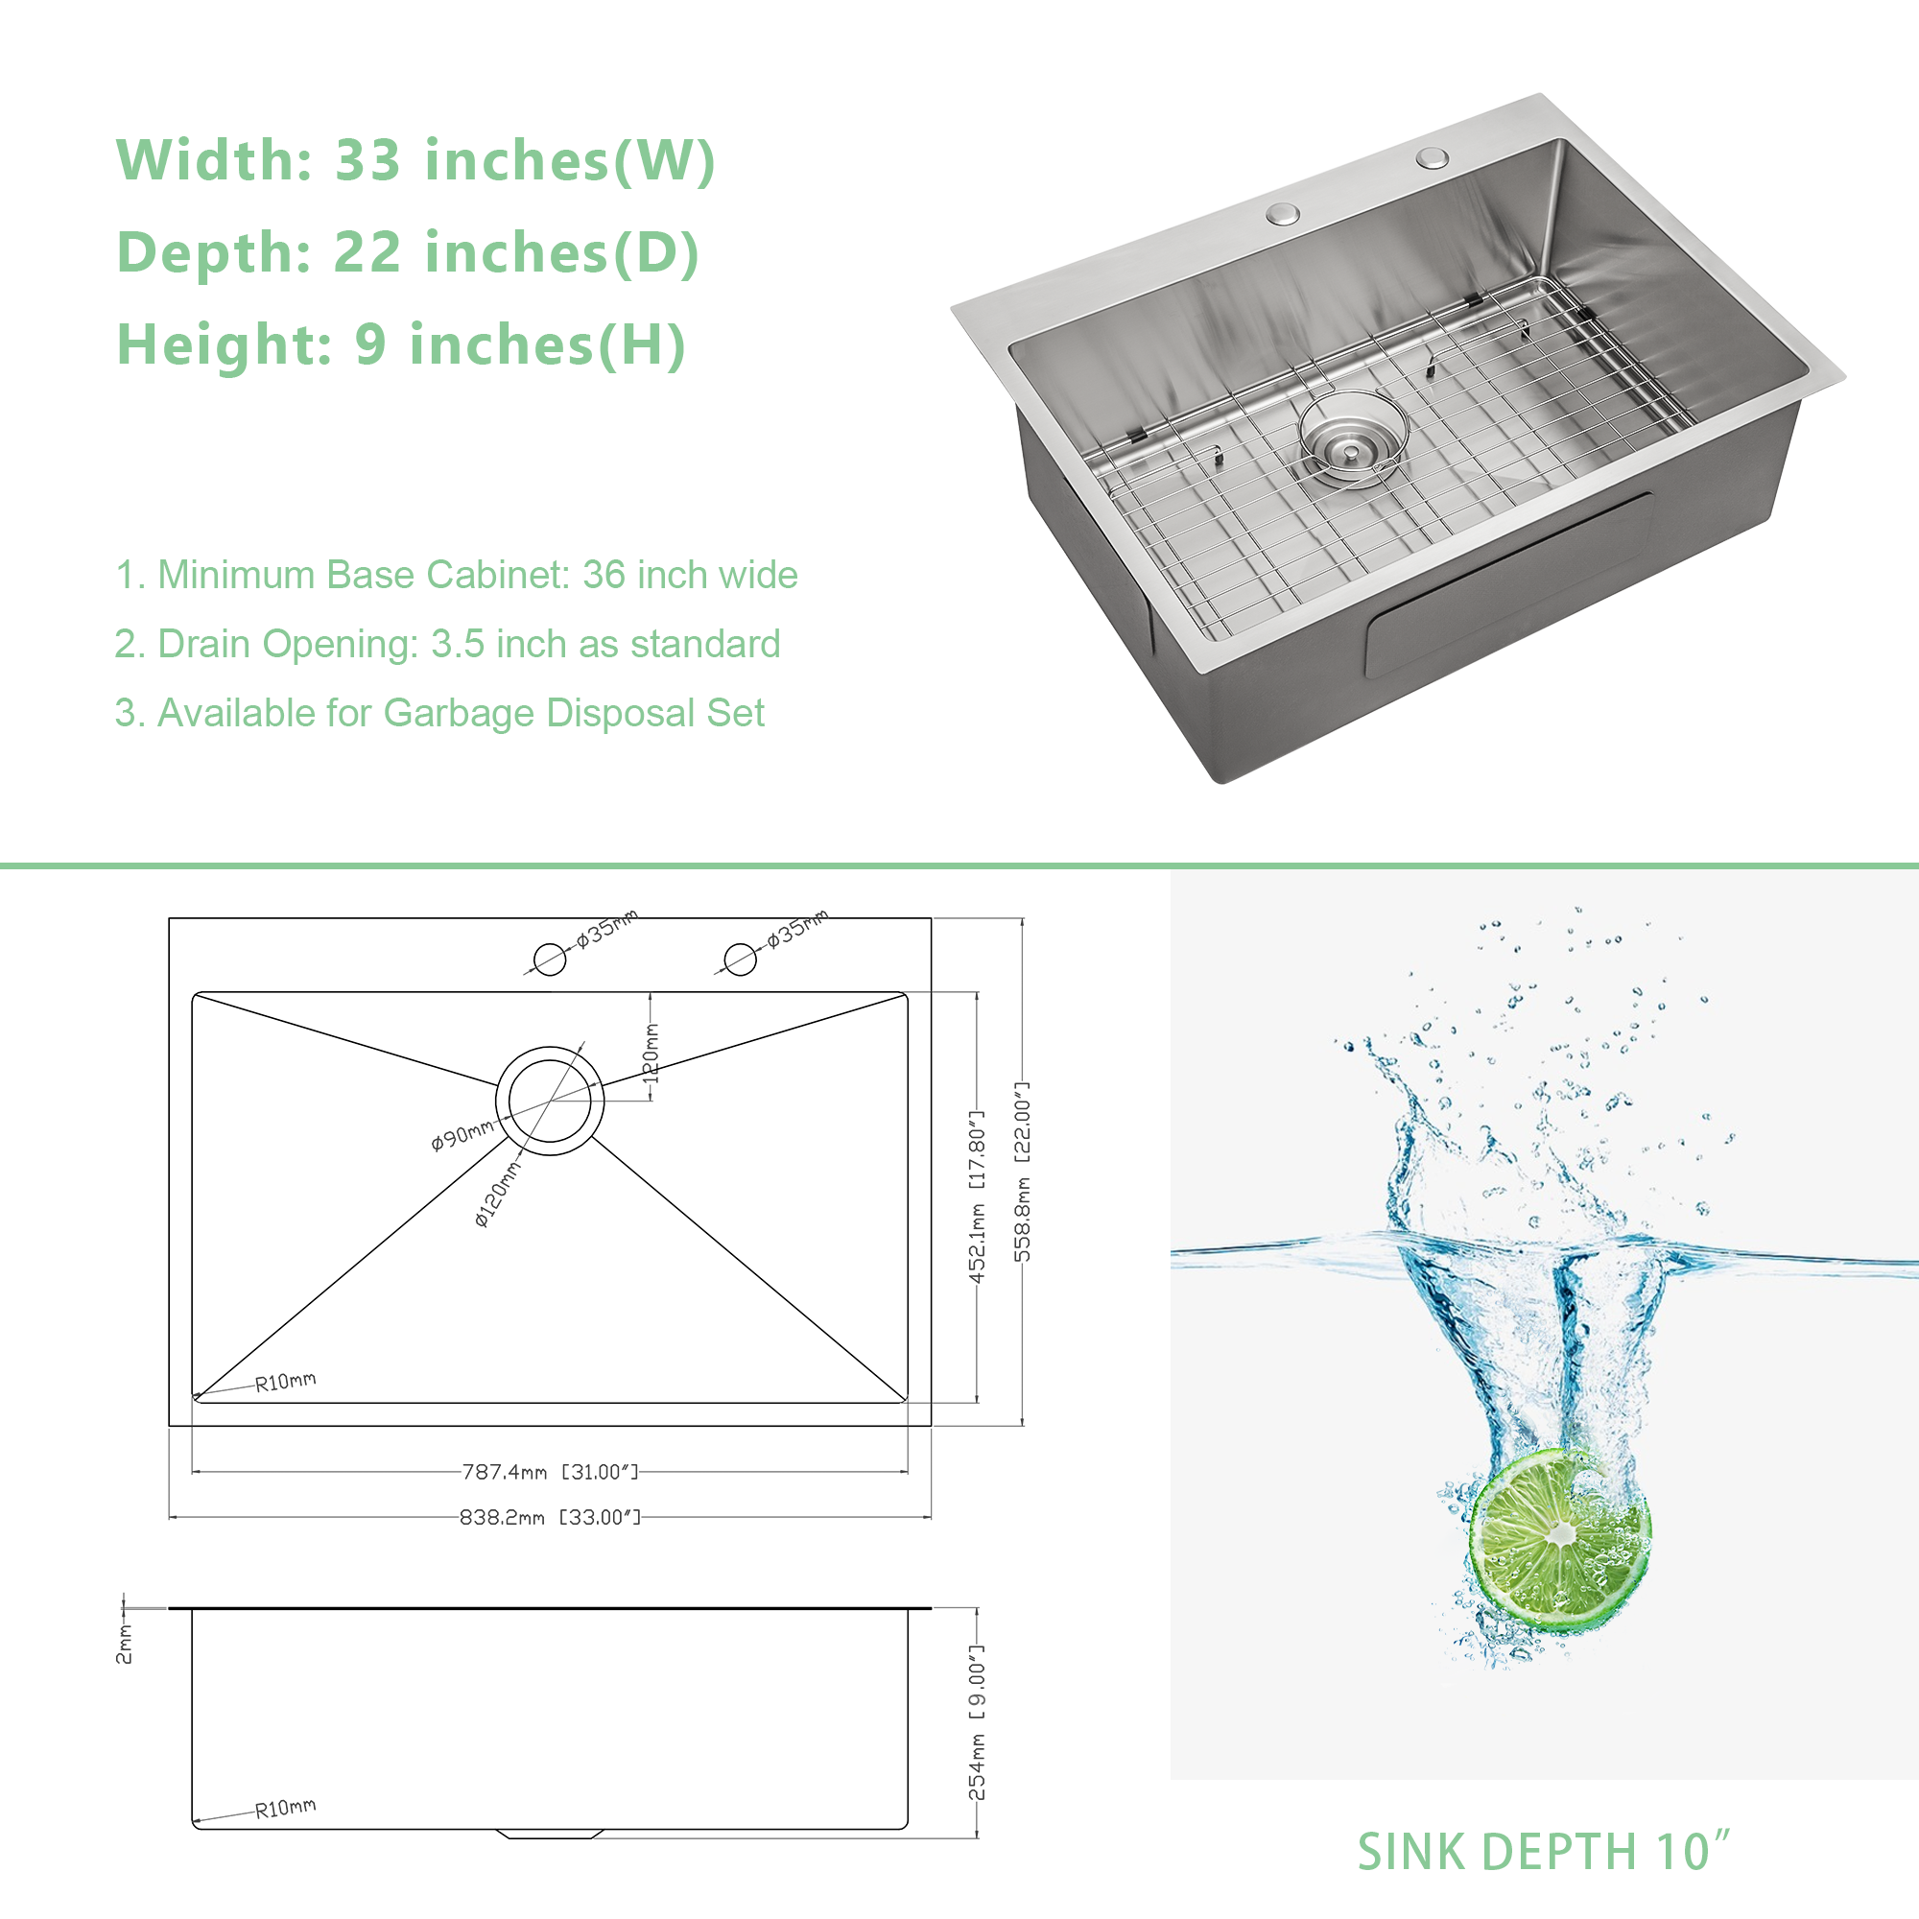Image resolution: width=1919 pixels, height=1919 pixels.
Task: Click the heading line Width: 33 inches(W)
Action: [x=415, y=160]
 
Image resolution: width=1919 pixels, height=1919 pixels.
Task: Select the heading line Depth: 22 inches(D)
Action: [x=408, y=252]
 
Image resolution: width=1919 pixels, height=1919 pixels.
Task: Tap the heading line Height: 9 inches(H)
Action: [x=401, y=344]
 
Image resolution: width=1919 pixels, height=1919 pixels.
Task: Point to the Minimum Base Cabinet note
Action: [x=456, y=575]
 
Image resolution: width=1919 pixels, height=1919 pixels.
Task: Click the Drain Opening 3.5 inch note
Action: [x=447, y=644]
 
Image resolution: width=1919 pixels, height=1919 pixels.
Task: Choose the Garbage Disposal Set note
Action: [x=439, y=713]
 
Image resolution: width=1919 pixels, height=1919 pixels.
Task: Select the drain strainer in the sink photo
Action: [x=1353, y=439]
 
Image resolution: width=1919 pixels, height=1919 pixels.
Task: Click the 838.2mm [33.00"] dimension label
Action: [x=550, y=1518]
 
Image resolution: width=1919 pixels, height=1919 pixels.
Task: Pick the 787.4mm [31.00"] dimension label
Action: [x=550, y=1472]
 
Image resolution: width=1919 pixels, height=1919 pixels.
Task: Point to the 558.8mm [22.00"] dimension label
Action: [x=1022, y=1173]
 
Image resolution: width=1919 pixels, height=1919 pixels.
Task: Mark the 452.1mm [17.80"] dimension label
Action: [x=978, y=1196]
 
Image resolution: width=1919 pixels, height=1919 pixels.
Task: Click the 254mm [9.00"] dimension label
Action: [x=978, y=1722]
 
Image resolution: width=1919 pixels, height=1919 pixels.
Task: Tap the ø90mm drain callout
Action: [x=462, y=1134]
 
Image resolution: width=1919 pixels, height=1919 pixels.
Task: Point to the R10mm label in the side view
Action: [x=286, y=1808]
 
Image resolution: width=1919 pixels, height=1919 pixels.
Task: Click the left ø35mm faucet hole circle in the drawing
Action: [x=549, y=959]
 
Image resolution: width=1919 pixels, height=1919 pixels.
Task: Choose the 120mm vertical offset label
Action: [x=652, y=1053]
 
